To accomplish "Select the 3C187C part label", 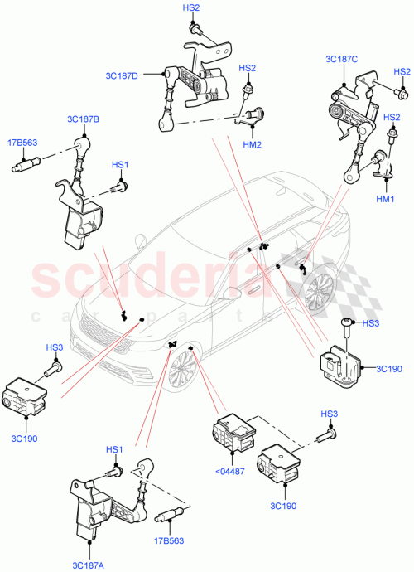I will (x=342, y=59).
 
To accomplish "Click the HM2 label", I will (x=253, y=144).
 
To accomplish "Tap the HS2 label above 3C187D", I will (x=191, y=7).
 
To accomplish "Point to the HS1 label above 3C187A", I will (x=113, y=450).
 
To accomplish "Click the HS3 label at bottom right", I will (x=329, y=414).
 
